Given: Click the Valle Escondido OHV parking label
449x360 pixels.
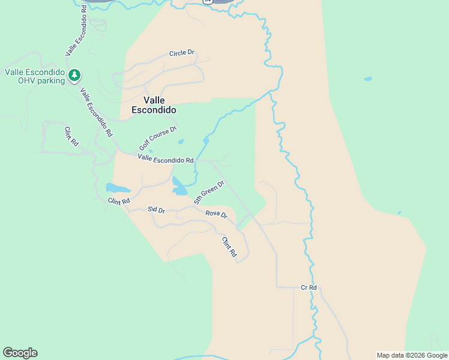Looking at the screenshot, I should pyautogui.click(x=34, y=76).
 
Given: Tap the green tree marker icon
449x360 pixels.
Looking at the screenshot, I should pyautogui.click(x=74, y=75).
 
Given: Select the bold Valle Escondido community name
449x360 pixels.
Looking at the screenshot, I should pyautogui.click(x=154, y=105).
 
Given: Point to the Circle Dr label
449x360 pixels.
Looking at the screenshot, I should pyautogui.click(x=182, y=53).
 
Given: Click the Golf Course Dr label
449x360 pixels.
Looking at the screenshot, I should pyautogui.click(x=158, y=138).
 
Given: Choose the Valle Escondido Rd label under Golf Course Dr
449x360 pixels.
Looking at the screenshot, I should pyautogui.click(x=165, y=159).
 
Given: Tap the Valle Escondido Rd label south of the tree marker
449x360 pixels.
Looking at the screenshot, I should pyautogui.click(x=97, y=112).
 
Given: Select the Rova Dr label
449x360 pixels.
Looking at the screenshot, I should pyautogui.click(x=216, y=214).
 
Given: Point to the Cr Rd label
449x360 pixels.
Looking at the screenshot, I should pyautogui.click(x=309, y=288).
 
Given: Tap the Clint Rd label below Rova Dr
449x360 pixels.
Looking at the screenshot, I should pyautogui.click(x=229, y=247).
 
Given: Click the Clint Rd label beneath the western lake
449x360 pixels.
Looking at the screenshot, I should pyautogui.click(x=119, y=202).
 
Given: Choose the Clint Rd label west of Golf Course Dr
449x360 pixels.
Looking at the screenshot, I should pyautogui.click(x=71, y=137).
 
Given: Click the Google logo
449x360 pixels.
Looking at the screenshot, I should pyautogui.click(x=20, y=353).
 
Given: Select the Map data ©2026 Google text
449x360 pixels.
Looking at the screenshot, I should pyautogui.click(x=411, y=355).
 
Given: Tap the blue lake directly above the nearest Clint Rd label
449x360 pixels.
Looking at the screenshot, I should pyautogui.click(x=117, y=188).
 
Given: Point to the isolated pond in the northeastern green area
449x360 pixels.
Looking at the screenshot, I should pyautogui.click(x=367, y=79).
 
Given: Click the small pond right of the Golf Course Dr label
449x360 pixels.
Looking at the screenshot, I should pyautogui.click(x=181, y=142).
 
